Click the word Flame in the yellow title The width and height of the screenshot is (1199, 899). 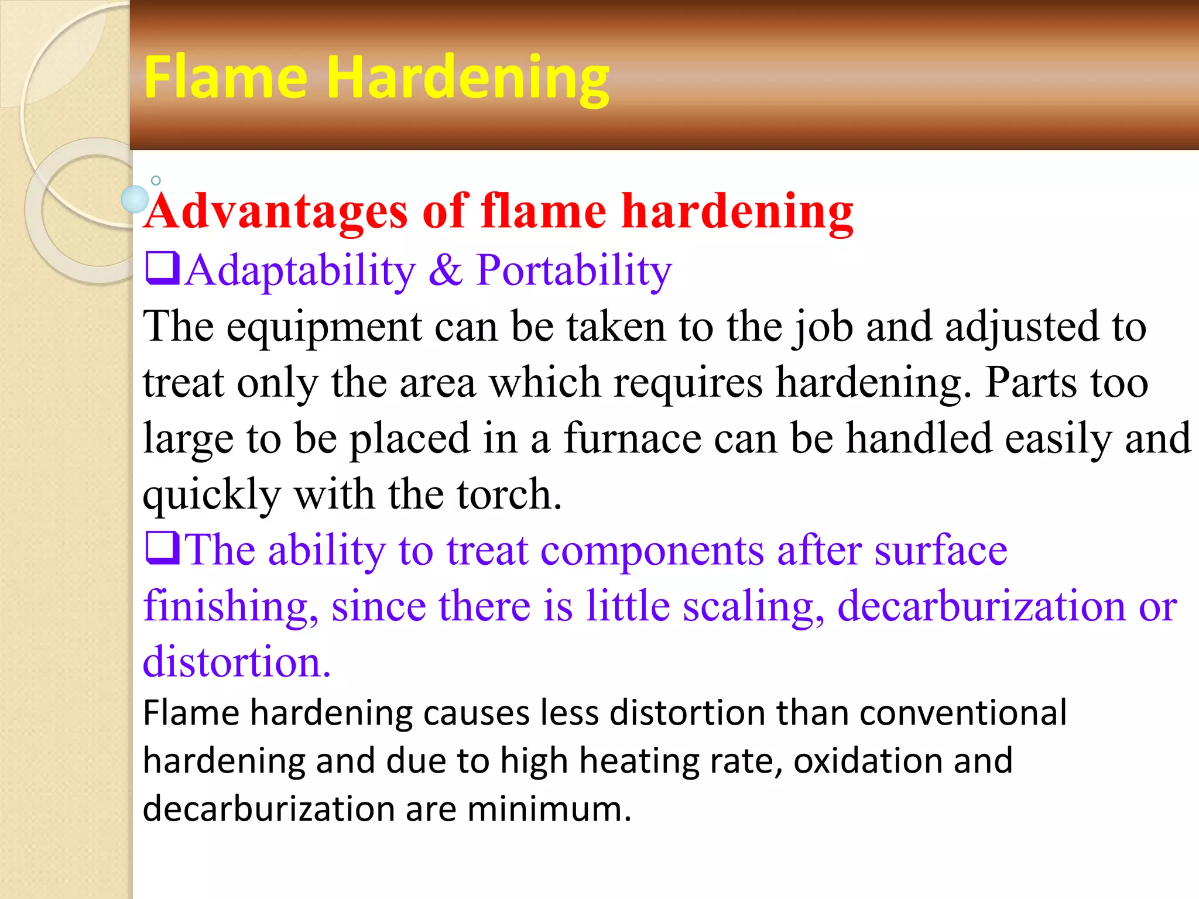[x=225, y=77]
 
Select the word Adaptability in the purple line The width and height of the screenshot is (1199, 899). [x=300, y=271]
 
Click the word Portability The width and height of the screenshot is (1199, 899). [x=574, y=271]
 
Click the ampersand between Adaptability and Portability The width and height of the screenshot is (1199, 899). [x=446, y=271]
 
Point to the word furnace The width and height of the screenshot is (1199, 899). [x=632, y=438]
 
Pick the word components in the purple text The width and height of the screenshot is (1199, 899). [x=652, y=551]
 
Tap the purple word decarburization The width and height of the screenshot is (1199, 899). [x=981, y=606]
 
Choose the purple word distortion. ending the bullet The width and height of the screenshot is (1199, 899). [x=237, y=662]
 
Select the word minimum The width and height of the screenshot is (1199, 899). [x=549, y=809]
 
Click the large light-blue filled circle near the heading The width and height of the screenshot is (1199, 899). [x=135, y=199]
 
